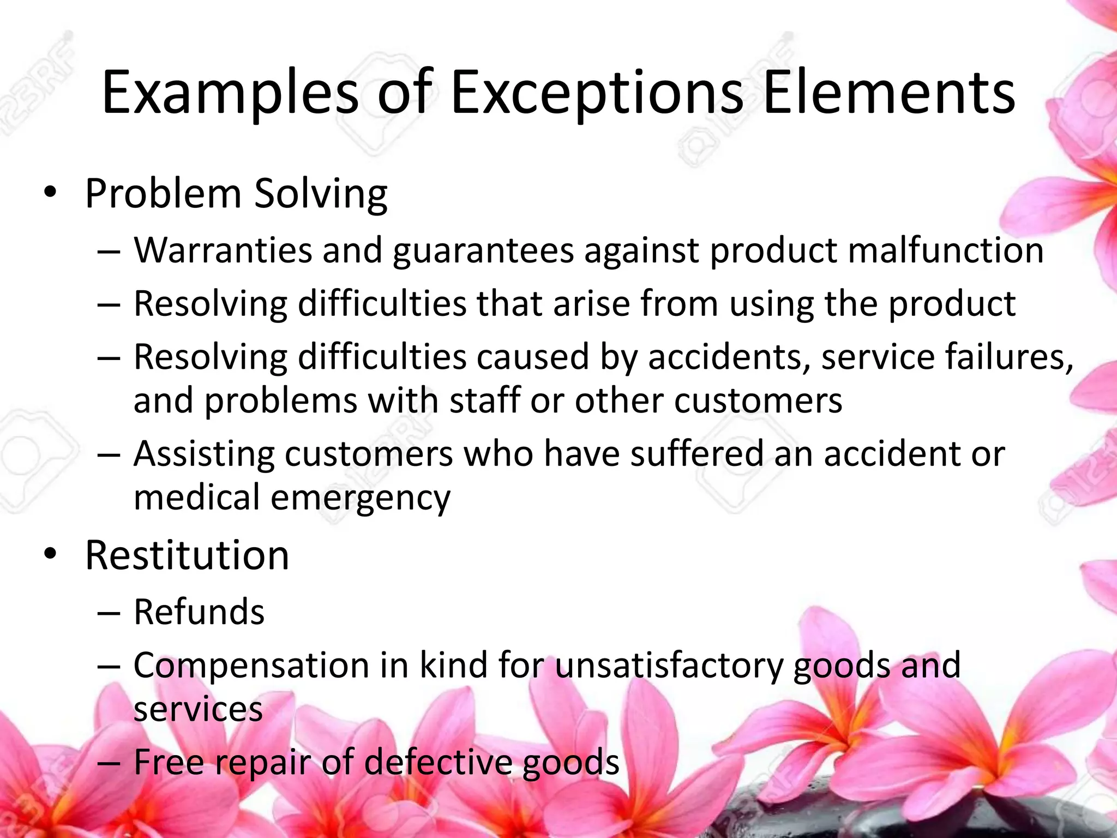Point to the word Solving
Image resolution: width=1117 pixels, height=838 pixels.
click(321, 195)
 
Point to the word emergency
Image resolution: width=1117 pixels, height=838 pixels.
click(360, 499)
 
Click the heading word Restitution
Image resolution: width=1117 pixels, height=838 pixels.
click(187, 555)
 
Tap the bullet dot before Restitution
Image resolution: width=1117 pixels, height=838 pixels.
click(51, 554)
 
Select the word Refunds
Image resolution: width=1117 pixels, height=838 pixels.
click(199, 612)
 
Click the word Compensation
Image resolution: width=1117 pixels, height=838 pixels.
click(251, 666)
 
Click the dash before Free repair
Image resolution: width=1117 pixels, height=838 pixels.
click(109, 763)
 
